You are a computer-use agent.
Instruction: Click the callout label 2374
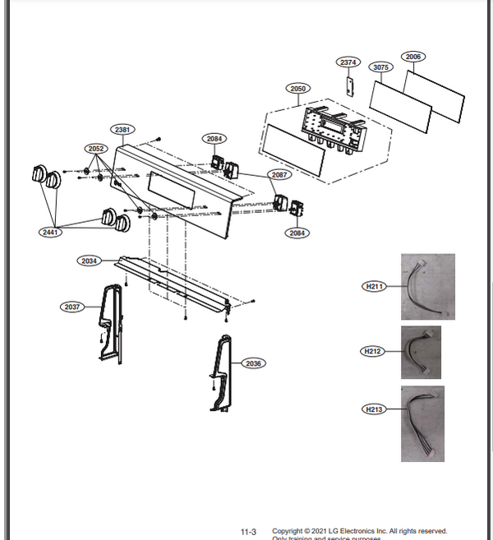click(x=348, y=62)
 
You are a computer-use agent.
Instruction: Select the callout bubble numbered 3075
click(x=380, y=67)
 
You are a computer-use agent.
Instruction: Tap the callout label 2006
click(x=413, y=57)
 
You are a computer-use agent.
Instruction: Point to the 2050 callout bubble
click(x=297, y=88)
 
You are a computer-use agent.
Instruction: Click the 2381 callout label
click(x=123, y=130)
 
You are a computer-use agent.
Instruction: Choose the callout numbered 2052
click(x=96, y=148)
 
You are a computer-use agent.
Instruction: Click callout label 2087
click(x=279, y=175)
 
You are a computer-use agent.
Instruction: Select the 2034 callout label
click(x=90, y=261)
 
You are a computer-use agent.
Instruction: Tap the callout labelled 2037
click(x=72, y=307)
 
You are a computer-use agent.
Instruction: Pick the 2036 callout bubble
click(x=253, y=362)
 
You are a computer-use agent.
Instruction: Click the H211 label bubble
click(x=374, y=286)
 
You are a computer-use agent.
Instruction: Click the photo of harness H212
click(x=421, y=352)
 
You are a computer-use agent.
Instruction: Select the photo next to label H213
click(x=422, y=423)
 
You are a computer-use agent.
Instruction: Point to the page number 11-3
click(x=247, y=532)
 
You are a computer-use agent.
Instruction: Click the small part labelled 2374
click(x=348, y=85)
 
